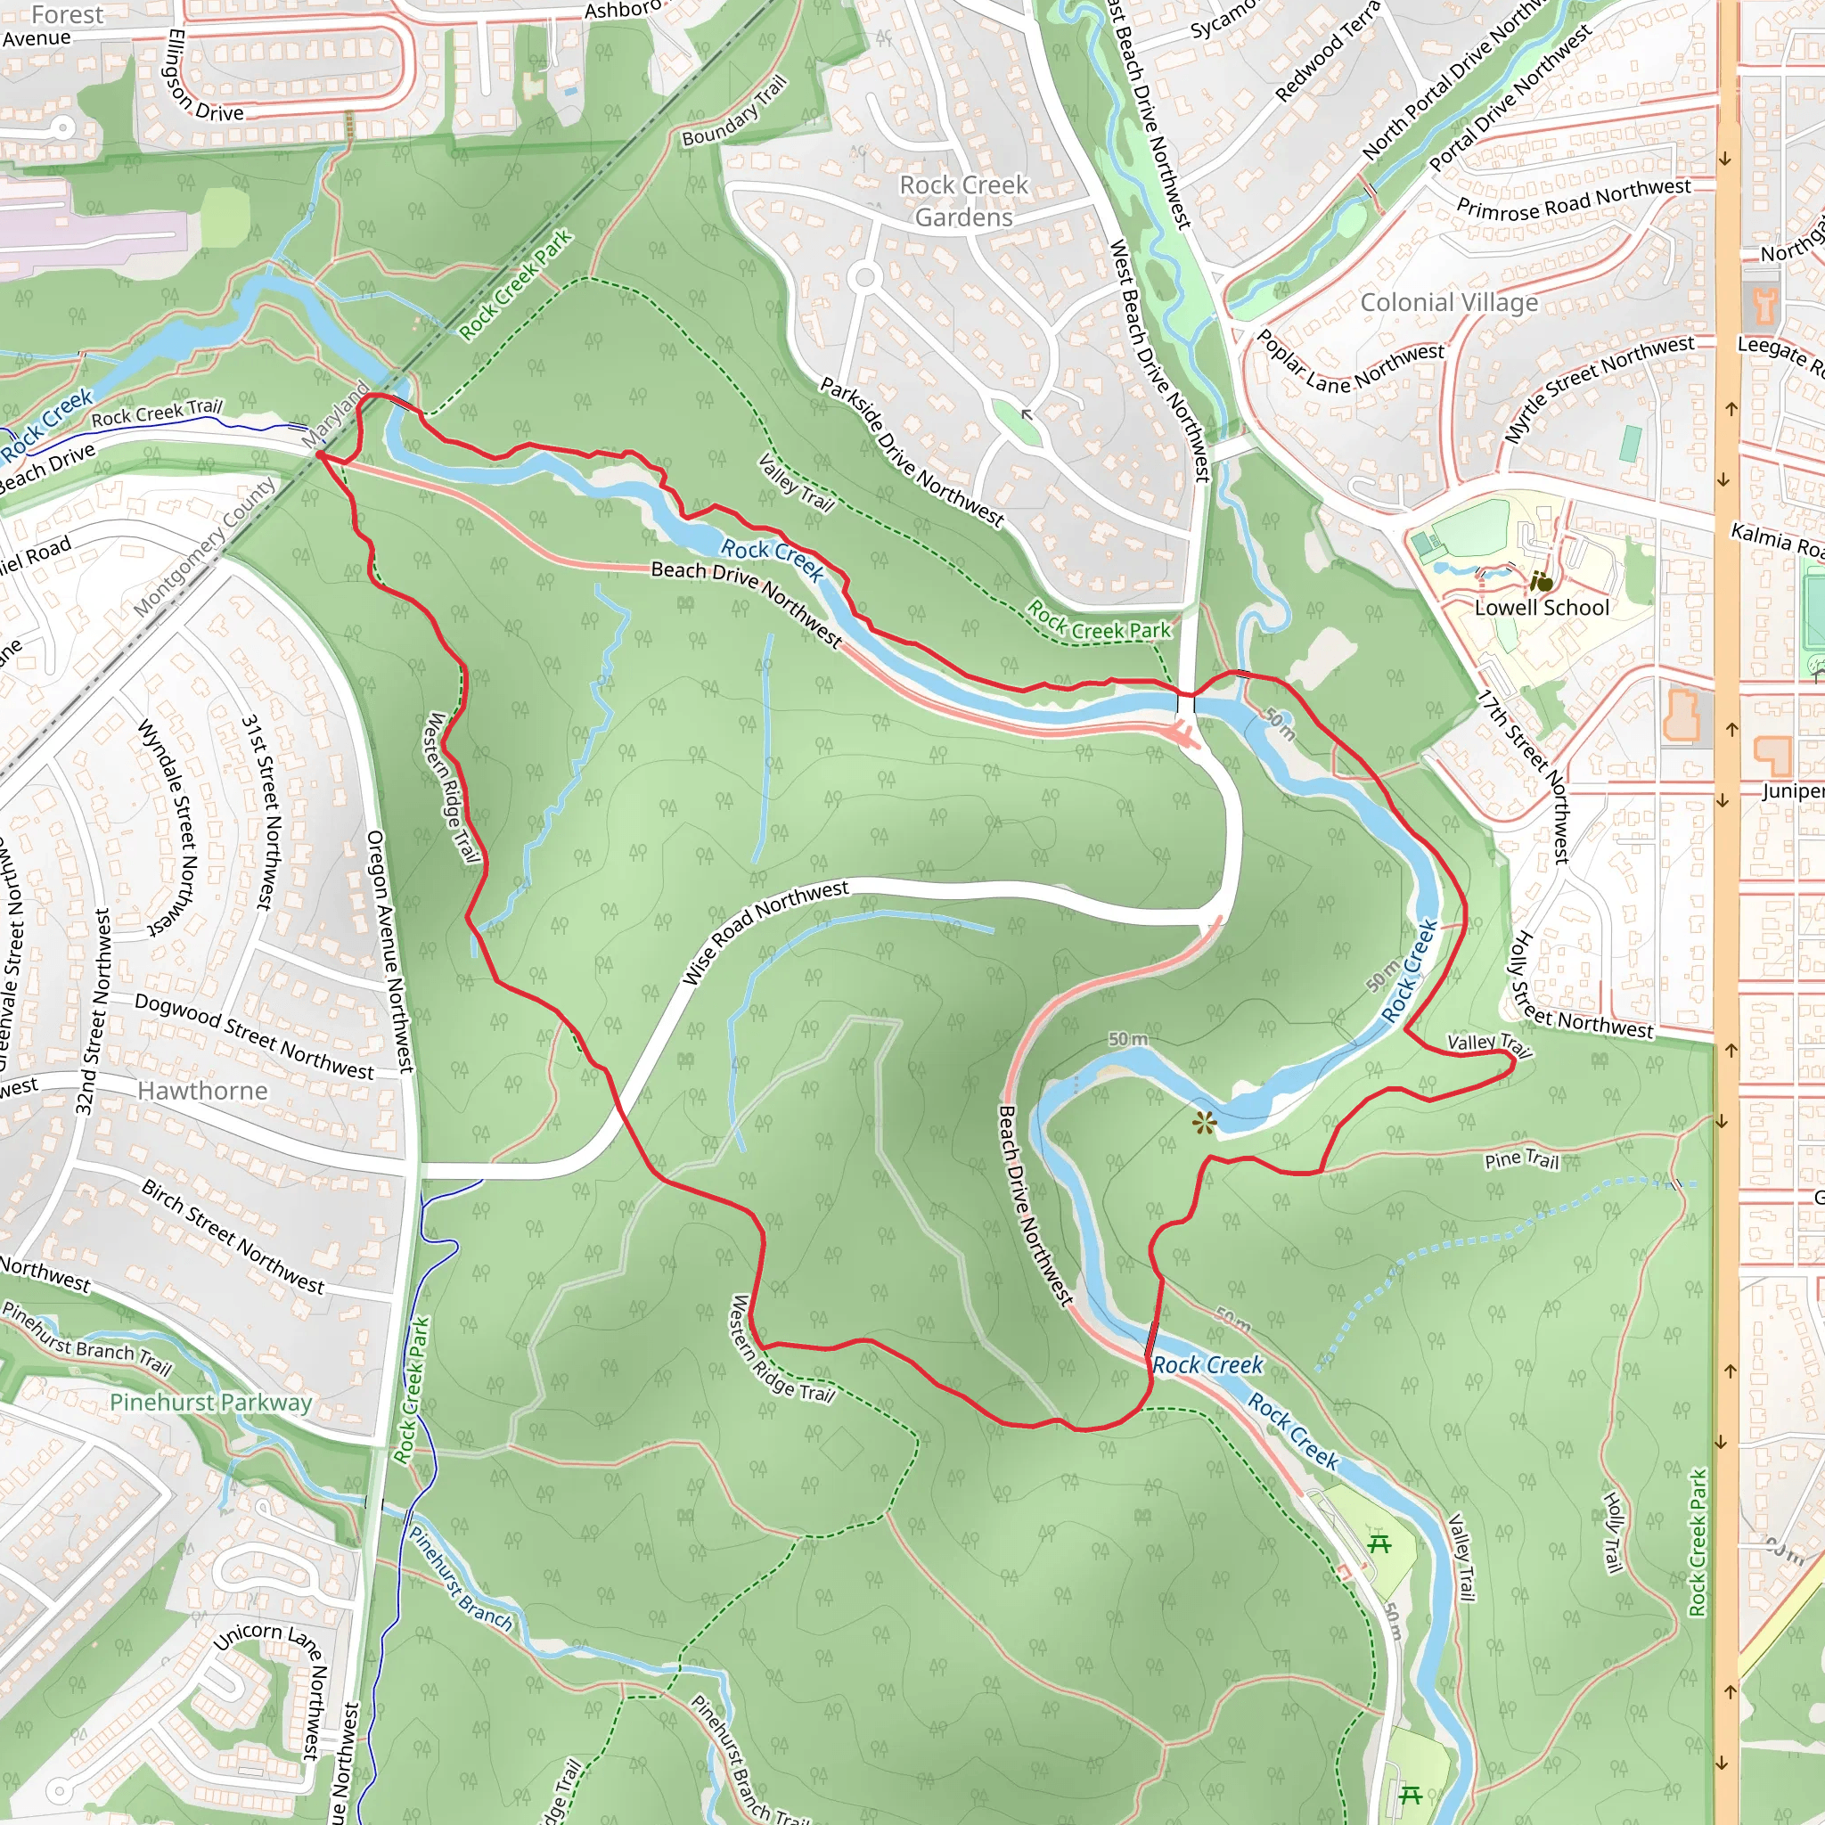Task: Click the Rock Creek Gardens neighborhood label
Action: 962,201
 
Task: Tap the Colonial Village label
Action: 1448,303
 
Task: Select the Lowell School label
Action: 1541,609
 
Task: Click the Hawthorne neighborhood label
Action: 202,1091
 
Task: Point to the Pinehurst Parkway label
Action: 210,1403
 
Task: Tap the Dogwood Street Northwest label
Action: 254,1036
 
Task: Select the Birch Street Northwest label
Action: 233,1237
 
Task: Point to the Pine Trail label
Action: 1521,1159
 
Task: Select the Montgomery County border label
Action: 205,547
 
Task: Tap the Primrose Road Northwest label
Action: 1573,200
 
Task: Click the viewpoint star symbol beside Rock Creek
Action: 1202,1123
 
